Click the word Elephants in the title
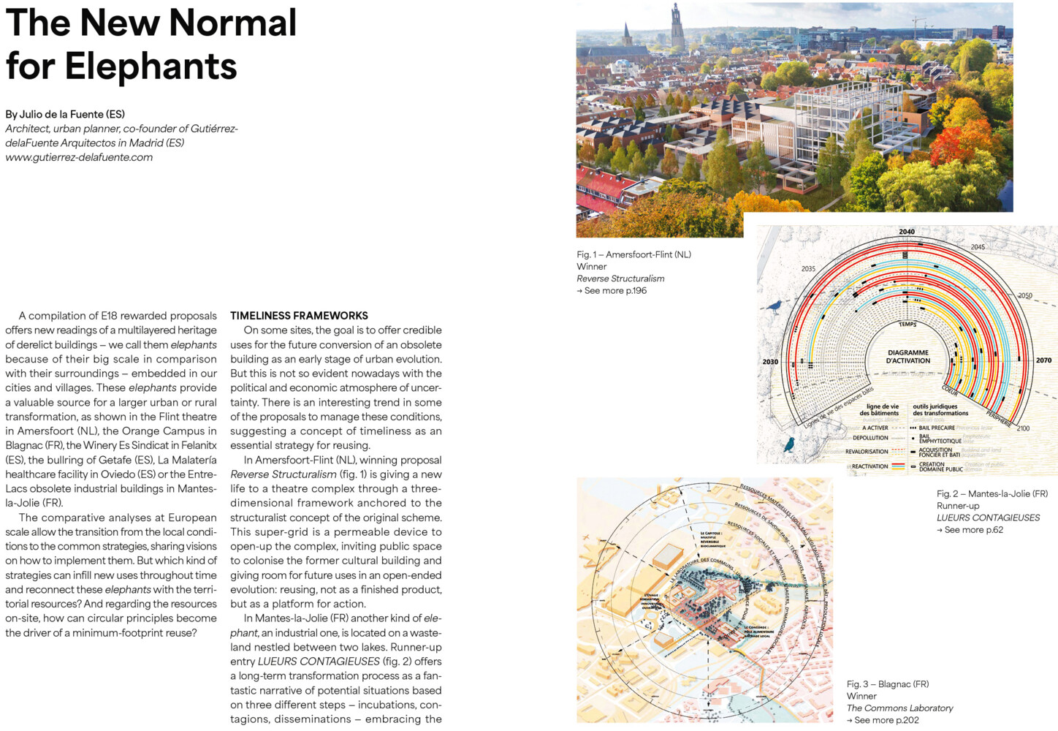coord(151,67)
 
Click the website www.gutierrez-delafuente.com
coord(79,157)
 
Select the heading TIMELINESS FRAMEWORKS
coord(299,316)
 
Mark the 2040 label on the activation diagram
coord(907,232)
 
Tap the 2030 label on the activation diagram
coord(770,362)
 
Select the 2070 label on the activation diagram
coord(1043,360)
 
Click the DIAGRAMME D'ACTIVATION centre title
coord(908,357)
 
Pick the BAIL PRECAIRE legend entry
coord(937,428)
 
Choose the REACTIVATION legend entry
coord(869,466)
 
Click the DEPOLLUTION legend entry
coord(870,438)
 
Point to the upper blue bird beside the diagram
coord(773,306)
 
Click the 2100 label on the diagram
coord(1023,428)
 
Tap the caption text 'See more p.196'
coord(612,291)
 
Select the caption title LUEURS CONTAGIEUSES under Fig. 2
coord(988,518)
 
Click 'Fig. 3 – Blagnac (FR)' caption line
coord(888,684)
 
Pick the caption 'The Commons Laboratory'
coord(899,708)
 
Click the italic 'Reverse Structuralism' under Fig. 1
coord(620,279)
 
